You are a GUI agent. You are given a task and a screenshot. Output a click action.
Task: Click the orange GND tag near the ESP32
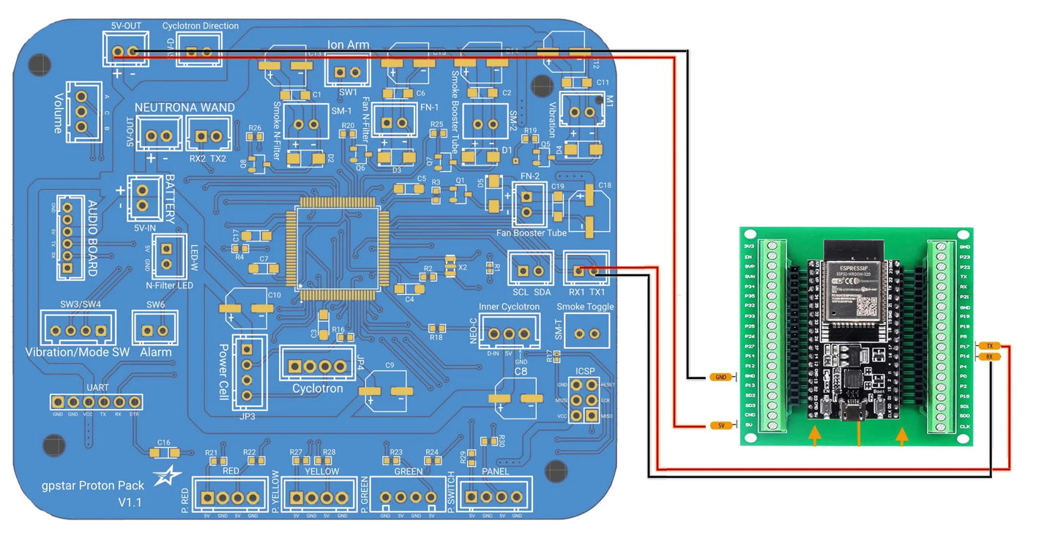(x=720, y=377)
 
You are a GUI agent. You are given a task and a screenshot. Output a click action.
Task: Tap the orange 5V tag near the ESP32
(x=720, y=425)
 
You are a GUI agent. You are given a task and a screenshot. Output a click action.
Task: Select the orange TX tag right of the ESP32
(x=989, y=345)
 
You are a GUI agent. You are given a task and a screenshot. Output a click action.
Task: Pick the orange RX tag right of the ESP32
(x=989, y=356)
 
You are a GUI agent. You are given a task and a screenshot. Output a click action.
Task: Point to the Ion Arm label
(x=349, y=45)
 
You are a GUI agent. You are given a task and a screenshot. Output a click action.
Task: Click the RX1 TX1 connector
(x=586, y=271)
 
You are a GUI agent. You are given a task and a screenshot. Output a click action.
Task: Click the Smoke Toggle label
(x=585, y=307)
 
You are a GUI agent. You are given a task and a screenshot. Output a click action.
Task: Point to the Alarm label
(x=156, y=352)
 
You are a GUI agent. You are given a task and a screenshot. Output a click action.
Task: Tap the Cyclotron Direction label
(x=200, y=26)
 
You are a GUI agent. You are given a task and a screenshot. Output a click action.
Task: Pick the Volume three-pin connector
(x=82, y=112)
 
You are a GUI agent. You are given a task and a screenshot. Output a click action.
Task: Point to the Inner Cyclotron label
(x=509, y=307)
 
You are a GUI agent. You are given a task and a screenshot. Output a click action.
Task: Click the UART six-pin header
(x=96, y=402)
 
